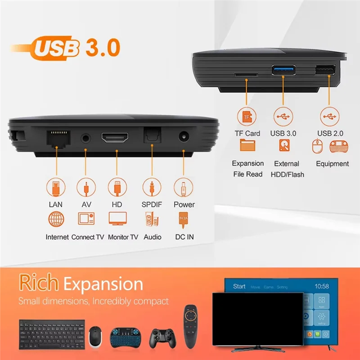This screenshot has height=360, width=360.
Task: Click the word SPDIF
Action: [152, 204]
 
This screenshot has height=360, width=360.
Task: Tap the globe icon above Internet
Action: [56, 219]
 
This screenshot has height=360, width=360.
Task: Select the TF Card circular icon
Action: [247, 117]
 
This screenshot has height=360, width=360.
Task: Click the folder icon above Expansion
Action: [247, 145]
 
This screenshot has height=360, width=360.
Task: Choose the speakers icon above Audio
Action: [152, 220]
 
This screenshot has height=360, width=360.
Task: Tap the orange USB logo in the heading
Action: [56, 48]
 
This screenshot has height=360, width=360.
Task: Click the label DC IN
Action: [184, 237]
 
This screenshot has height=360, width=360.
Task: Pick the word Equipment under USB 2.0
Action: [332, 164]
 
